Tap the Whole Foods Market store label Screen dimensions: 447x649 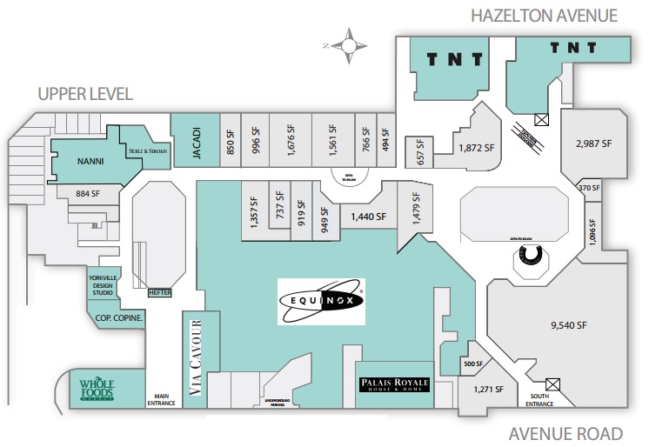pos(97,388)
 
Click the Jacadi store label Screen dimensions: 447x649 pos(196,139)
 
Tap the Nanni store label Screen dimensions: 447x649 pos(91,160)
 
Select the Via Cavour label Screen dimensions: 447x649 pos(196,358)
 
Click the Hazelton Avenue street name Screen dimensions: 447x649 pos(543,15)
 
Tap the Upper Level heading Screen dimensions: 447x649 pos(84,94)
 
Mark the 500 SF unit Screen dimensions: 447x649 pos(472,364)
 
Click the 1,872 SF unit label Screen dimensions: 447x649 pos(476,149)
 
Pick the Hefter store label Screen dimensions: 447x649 pos(161,293)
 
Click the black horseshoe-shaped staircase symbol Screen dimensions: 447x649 pos(528,254)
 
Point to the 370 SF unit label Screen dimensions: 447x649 pos(590,188)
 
